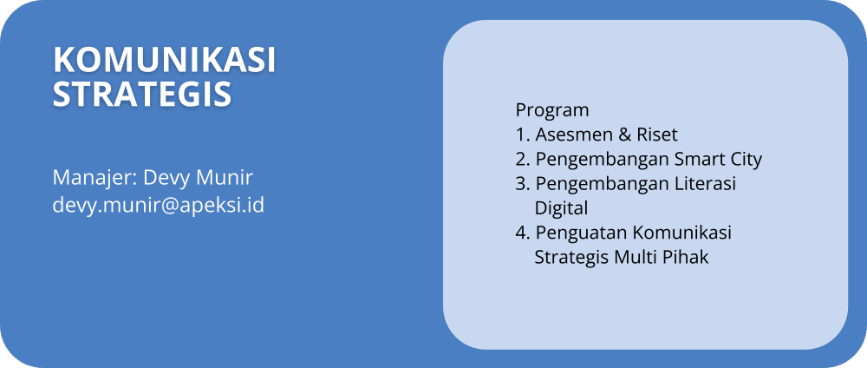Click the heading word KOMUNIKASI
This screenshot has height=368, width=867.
pyautogui.click(x=164, y=60)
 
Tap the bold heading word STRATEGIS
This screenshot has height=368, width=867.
pyautogui.click(x=142, y=94)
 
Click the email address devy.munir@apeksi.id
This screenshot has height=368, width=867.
pyautogui.click(x=159, y=206)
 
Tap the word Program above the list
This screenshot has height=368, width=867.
pyautogui.click(x=551, y=111)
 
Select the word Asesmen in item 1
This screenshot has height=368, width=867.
pyautogui.click(x=574, y=135)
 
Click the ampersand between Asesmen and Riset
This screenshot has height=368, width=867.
pyautogui.click(x=624, y=135)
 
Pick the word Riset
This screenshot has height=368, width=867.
pyautogui.click(x=656, y=135)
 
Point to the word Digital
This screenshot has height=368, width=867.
pyautogui.click(x=561, y=209)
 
